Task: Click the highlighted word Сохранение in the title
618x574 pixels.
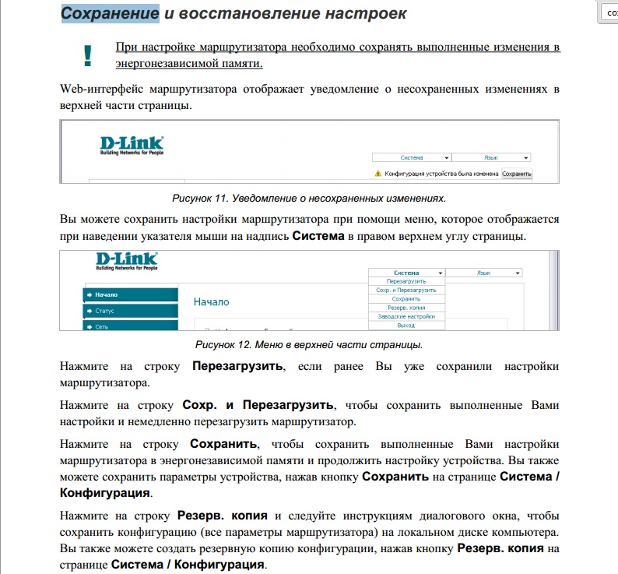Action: (x=110, y=13)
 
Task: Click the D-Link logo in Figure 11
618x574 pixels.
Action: (x=132, y=144)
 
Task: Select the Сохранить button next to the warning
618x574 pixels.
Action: (x=516, y=174)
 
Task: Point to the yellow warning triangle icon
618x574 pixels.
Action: (x=378, y=174)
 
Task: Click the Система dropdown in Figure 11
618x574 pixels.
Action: (x=411, y=157)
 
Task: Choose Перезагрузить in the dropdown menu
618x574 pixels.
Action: (x=406, y=281)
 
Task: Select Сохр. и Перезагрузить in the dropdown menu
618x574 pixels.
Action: (x=406, y=290)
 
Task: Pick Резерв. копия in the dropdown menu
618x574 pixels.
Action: (x=406, y=308)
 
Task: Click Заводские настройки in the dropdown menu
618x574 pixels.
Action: (x=406, y=316)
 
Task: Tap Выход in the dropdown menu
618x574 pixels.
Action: (x=406, y=325)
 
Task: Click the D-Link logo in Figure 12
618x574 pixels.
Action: (x=127, y=260)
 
